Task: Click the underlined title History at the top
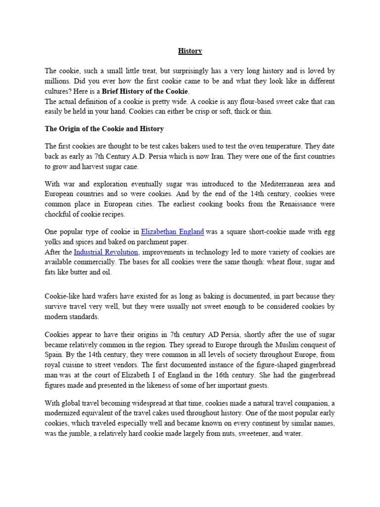pos(190,51)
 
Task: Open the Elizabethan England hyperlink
pos(172,231)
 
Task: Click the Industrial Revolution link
pos(106,252)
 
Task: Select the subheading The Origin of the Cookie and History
pos(104,129)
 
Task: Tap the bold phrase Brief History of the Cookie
pos(145,91)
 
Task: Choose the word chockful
pos(59,214)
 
